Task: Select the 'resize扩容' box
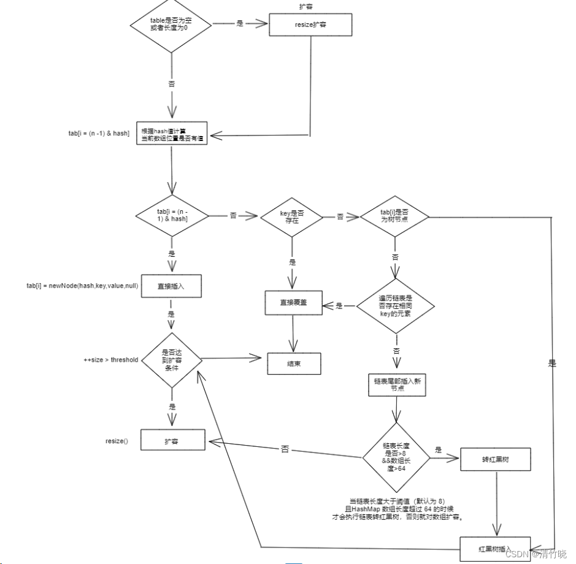pos(311,25)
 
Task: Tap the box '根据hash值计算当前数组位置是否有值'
pos(172,136)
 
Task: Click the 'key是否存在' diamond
pos(292,216)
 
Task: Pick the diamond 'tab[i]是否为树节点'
pos(394,216)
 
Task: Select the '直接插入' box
pos(172,286)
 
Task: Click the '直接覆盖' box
pos(294,303)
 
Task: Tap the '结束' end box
pos(294,364)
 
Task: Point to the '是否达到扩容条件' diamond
pos(171,360)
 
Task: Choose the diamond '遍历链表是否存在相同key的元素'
pos(395,305)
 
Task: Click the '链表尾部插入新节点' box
pos(396,384)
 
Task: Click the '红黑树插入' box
pos(494,547)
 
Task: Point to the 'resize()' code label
pos(117,441)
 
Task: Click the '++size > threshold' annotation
pos(111,359)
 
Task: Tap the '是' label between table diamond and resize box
pos(240,24)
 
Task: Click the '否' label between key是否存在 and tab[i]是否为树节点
pos(340,216)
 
